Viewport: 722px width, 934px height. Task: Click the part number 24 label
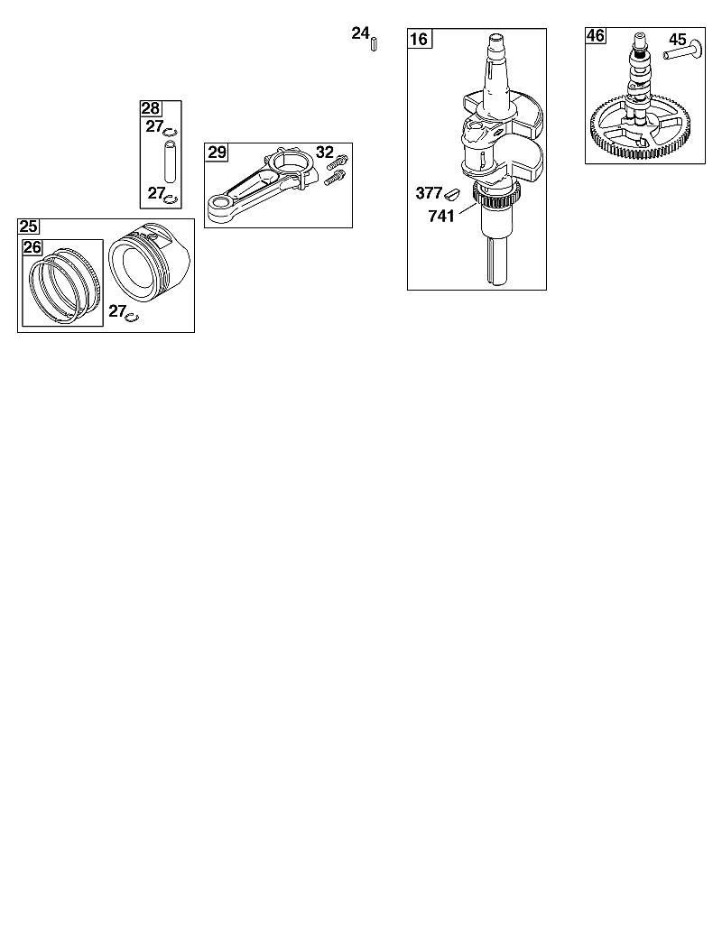pos(360,33)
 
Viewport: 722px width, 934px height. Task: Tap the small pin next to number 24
pos(375,45)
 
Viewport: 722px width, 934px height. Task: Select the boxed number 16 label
pos(420,39)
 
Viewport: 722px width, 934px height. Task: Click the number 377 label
pos(429,193)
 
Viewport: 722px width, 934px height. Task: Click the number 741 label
pos(441,216)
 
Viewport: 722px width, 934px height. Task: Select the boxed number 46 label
pos(595,36)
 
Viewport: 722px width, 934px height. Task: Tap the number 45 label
pos(677,40)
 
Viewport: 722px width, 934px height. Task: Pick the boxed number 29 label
pos(217,153)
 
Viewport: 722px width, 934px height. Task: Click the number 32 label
pos(325,153)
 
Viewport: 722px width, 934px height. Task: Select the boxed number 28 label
pos(151,107)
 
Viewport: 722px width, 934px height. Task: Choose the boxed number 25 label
pos(29,227)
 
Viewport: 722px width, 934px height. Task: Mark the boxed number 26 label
pos(33,247)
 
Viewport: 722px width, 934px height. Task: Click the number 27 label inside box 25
pos(117,310)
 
